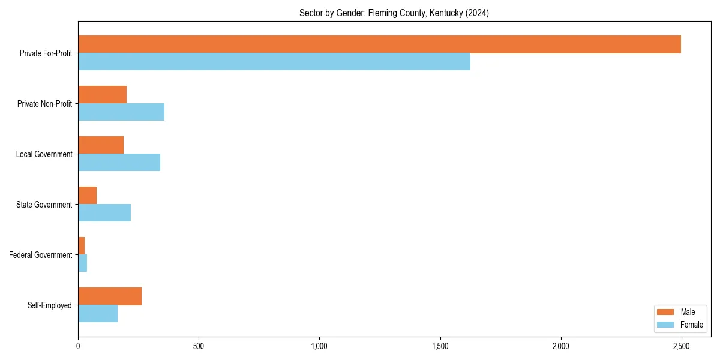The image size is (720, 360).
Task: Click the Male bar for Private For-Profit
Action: (379, 44)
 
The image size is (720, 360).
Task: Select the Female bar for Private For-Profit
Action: (274, 62)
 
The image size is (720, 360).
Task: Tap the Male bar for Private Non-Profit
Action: (102, 95)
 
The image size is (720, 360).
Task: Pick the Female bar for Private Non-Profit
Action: (121, 112)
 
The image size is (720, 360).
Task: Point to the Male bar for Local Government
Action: (101, 145)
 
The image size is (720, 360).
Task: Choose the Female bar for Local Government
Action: (119, 163)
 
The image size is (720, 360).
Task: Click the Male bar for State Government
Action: (87, 196)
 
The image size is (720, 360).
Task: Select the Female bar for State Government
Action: (104, 213)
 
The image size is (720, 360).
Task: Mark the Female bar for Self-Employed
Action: (98, 314)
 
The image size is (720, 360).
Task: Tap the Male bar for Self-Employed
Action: (110, 296)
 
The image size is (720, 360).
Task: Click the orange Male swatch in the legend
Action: (665, 312)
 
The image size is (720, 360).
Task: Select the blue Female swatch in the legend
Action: (665, 325)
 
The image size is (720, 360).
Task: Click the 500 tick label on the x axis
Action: (199, 346)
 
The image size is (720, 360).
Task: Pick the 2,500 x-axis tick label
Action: (681, 346)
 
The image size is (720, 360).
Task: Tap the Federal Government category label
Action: (41, 255)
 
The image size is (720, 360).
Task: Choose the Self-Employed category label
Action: (50, 305)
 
